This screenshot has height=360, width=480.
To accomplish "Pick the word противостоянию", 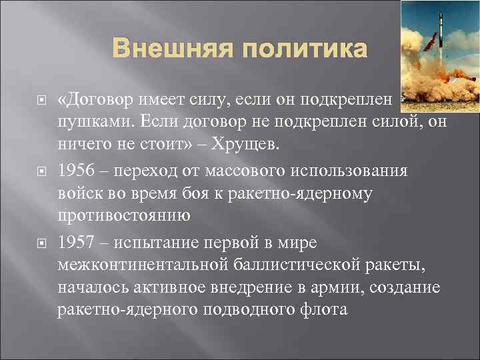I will [124, 216].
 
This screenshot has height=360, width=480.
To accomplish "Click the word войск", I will [77, 193].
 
